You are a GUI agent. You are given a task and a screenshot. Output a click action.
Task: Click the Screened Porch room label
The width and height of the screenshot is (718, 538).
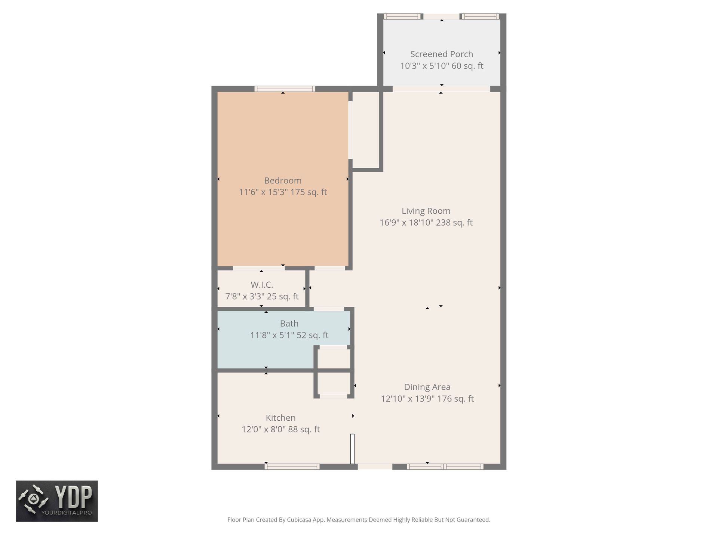click(442, 54)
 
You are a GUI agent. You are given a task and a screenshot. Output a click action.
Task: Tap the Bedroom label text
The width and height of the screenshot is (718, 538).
click(283, 180)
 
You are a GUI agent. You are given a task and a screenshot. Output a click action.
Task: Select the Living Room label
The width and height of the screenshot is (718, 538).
click(426, 211)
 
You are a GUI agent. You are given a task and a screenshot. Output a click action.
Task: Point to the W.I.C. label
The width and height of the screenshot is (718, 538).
click(262, 285)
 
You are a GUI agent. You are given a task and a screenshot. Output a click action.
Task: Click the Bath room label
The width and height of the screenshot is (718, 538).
click(289, 324)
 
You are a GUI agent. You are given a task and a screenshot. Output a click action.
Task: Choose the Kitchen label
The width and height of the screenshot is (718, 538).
click(280, 418)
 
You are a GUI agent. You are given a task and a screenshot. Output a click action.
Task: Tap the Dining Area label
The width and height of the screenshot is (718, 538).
click(427, 387)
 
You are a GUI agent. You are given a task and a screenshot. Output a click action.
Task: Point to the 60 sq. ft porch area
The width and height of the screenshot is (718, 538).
click(468, 66)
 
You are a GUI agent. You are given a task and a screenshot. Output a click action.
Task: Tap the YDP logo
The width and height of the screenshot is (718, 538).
click(57, 501)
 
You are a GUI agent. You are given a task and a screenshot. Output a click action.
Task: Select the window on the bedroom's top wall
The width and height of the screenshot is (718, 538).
click(285, 89)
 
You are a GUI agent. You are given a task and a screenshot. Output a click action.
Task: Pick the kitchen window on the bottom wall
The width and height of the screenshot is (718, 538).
click(292, 466)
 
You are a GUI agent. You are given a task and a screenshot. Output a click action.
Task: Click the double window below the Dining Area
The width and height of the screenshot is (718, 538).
click(445, 466)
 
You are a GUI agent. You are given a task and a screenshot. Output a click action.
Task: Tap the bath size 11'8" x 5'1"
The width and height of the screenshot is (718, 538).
click(272, 335)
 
